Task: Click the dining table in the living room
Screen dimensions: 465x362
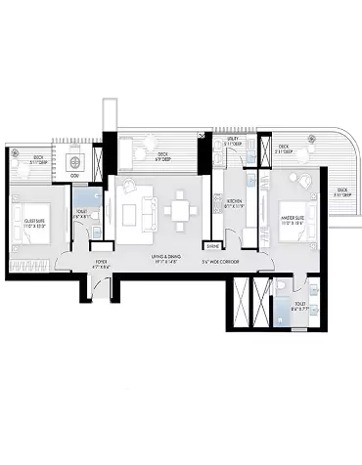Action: pos(180,211)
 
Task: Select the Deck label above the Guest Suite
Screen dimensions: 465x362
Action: pos(38,159)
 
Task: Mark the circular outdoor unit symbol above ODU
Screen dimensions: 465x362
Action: pos(77,160)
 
